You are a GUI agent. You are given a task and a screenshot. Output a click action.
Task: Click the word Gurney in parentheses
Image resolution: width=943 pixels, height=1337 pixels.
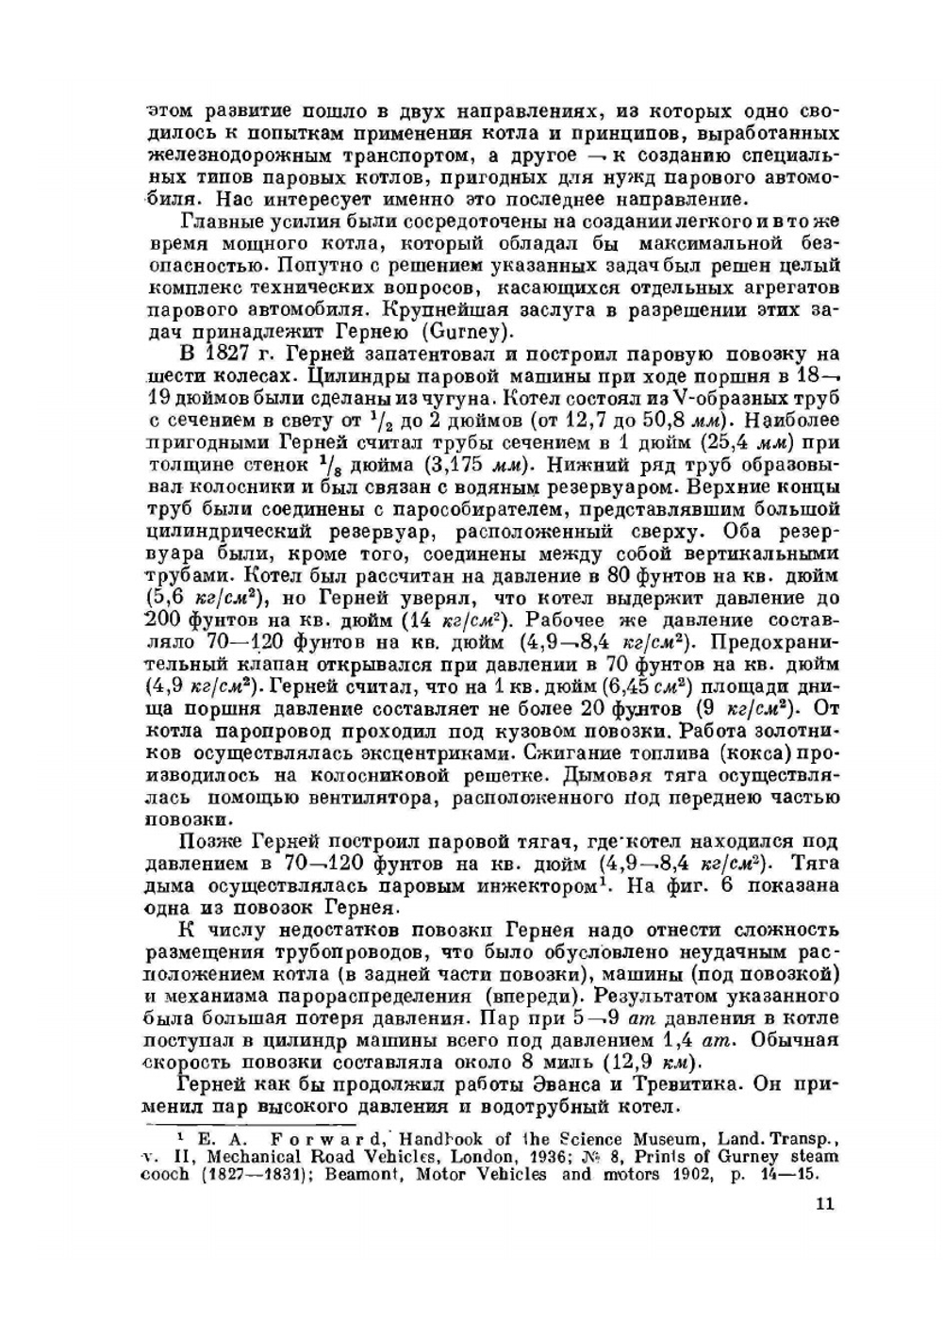[469, 332]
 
